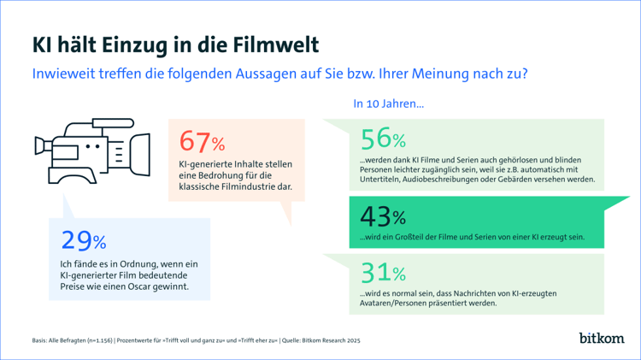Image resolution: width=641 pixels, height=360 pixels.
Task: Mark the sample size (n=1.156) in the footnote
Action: pyautogui.click(x=97, y=340)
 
